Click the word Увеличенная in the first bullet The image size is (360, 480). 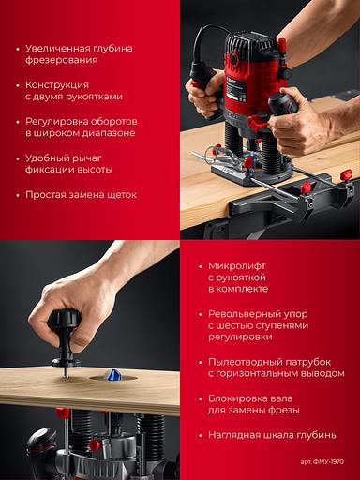coord(57,49)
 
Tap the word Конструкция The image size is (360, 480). coord(57,84)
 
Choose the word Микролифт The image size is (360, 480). coord(236,266)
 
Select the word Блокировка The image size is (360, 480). coord(235,398)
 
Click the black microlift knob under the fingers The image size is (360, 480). coord(64,321)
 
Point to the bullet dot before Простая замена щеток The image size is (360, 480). coord(18,195)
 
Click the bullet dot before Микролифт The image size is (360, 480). coord(201,266)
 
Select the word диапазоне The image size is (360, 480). coord(109,133)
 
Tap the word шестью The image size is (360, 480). coord(234,325)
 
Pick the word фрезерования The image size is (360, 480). coord(62,60)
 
